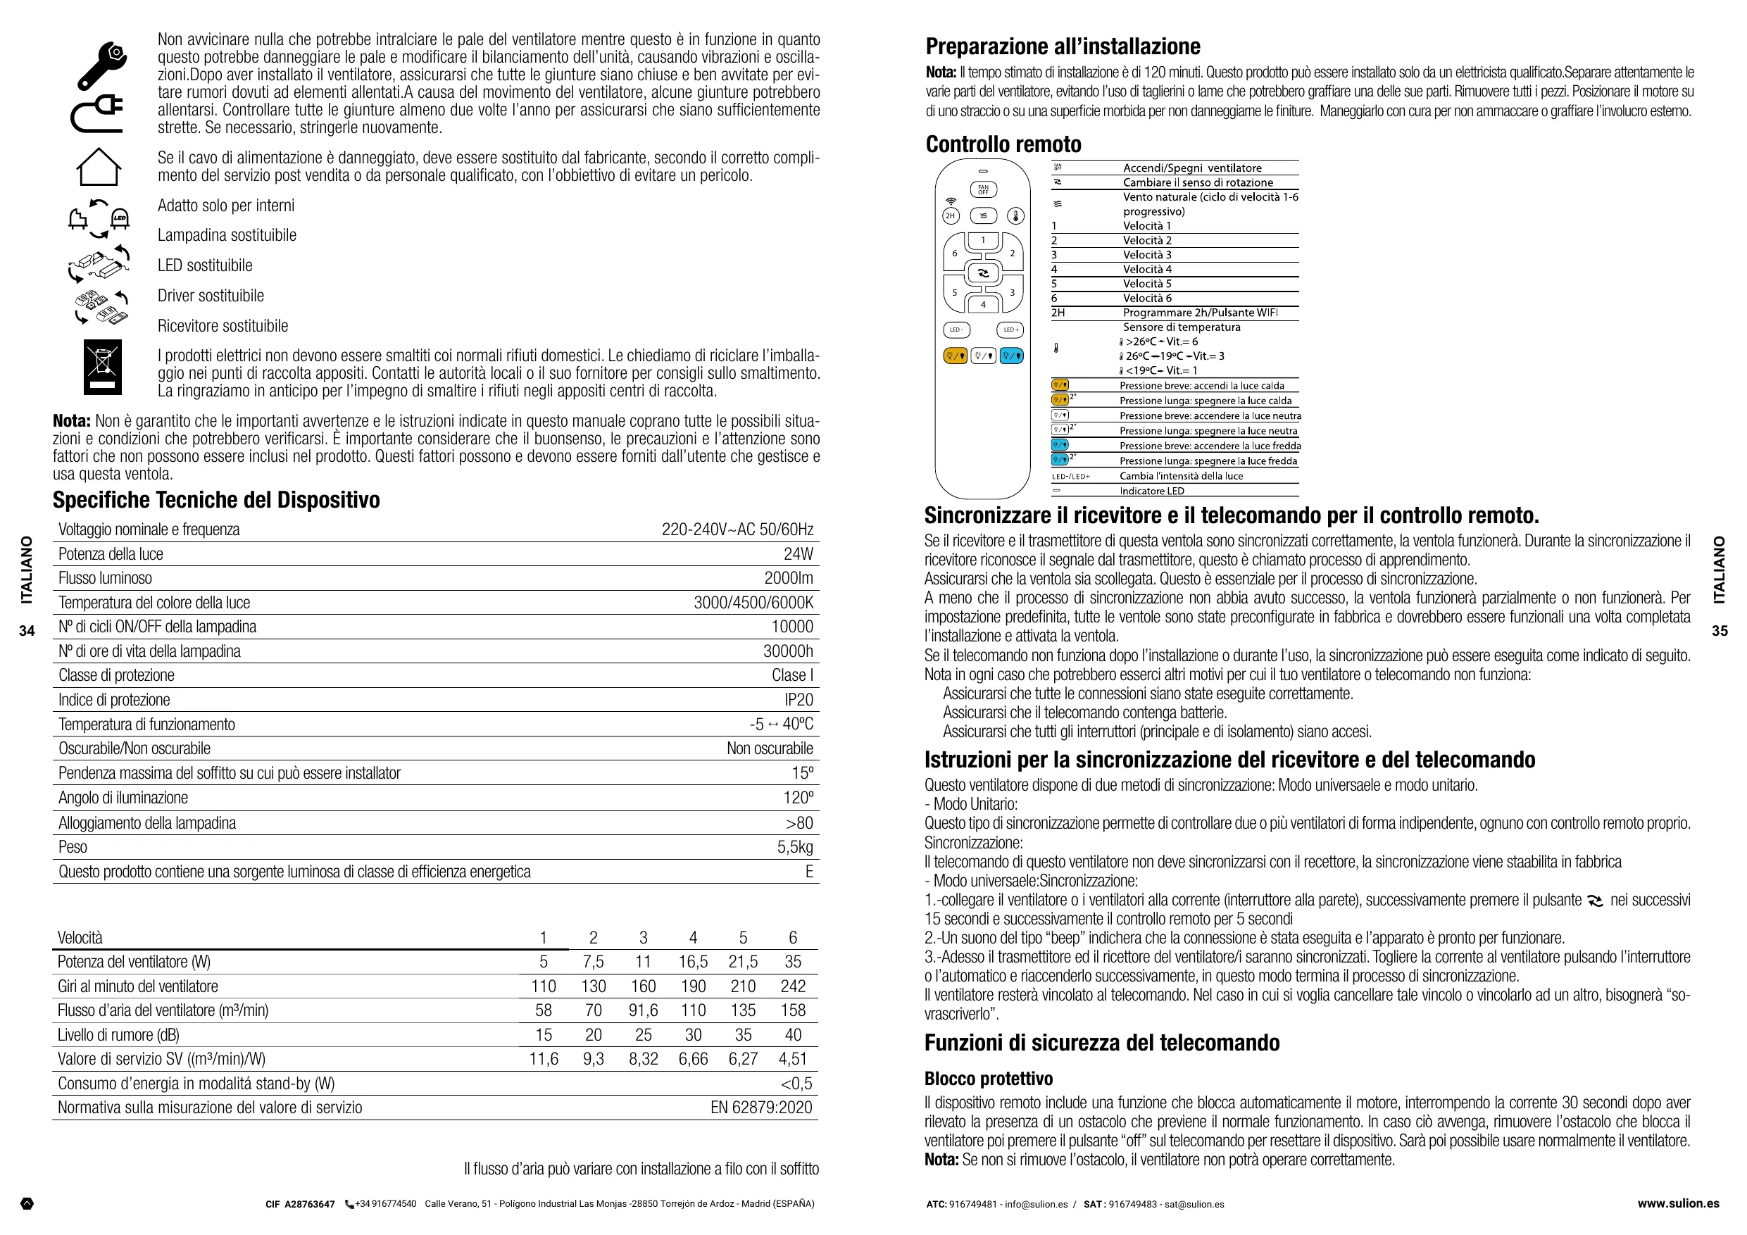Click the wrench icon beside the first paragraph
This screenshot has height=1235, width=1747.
point(101,65)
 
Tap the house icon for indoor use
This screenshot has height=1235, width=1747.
point(99,167)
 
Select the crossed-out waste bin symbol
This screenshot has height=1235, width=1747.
point(103,366)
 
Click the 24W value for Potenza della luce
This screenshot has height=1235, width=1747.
point(799,554)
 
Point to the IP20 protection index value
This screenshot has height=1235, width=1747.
point(799,700)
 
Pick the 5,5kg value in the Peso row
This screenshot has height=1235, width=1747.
point(794,847)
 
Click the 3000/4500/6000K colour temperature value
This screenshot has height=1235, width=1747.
point(753,603)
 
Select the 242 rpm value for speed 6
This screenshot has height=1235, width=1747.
point(793,986)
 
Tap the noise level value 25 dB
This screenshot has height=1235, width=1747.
point(643,1035)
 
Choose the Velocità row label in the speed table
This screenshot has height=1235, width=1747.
point(80,937)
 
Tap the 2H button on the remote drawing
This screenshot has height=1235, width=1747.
point(950,216)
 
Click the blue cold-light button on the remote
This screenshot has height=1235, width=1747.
point(1010,356)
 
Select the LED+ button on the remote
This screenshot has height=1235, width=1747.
point(1010,330)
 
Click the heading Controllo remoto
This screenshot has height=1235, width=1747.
point(1003,144)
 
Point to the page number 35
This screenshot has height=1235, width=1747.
point(1720,631)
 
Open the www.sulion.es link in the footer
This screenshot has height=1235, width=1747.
point(1678,1204)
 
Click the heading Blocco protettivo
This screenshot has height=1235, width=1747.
point(989,1078)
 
